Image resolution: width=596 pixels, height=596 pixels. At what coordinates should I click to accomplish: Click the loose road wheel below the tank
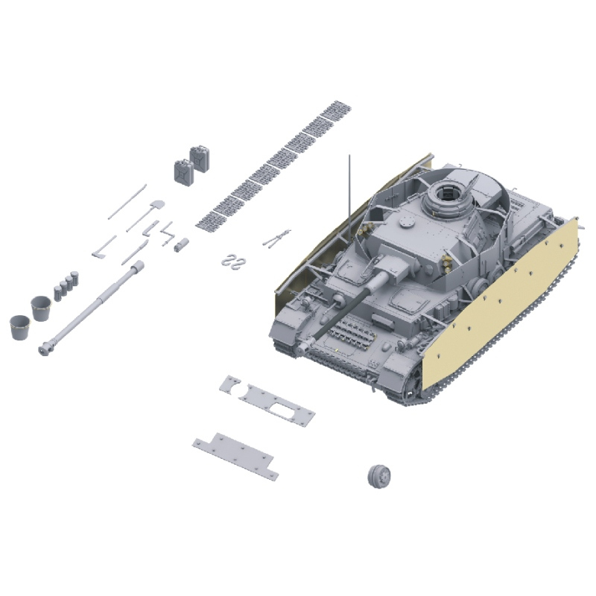coord(381,475)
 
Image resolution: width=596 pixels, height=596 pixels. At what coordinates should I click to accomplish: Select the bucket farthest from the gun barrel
coord(20,326)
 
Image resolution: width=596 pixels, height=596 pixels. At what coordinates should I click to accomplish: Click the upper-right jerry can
coord(200,158)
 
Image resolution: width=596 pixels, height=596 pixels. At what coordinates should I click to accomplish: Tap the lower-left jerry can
coord(183,172)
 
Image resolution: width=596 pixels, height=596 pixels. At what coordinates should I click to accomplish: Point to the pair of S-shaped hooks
coord(234,259)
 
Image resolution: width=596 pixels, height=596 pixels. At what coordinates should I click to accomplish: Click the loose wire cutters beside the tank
coord(276,238)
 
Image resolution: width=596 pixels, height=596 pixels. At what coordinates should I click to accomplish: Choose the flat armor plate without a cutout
coord(235,455)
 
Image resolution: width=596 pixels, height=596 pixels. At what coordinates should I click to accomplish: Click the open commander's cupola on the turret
coord(446,196)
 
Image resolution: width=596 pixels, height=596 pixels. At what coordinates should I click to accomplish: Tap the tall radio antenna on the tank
coord(349,186)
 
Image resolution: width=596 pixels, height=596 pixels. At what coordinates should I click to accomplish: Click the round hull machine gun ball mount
coord(339,299)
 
